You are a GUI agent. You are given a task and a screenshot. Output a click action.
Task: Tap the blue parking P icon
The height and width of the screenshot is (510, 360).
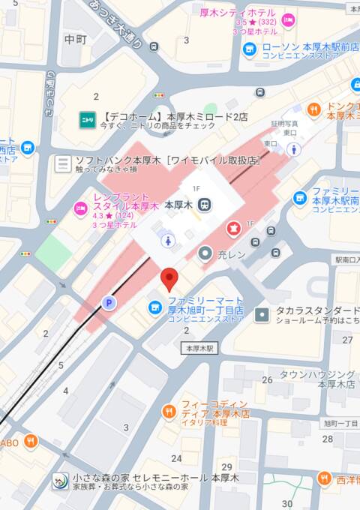108,303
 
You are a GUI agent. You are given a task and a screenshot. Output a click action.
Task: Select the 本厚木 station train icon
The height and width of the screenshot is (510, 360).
205,204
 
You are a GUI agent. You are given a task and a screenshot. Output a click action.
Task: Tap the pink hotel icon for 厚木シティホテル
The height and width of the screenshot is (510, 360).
289,16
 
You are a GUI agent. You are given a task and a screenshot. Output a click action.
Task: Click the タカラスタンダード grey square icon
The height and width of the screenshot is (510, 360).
261,315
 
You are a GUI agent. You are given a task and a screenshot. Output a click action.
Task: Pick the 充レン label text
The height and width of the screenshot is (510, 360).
232,254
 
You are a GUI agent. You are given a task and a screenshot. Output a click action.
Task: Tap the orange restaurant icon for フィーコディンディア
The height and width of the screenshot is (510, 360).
169,412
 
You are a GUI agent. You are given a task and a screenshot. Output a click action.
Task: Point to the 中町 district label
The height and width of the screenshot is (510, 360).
76,39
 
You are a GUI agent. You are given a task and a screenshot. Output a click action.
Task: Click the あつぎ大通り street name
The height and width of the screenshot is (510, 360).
115,25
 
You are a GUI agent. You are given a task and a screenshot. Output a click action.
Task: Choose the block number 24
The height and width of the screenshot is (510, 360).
177,458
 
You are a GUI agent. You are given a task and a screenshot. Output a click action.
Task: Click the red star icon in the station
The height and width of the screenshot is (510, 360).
232,226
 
